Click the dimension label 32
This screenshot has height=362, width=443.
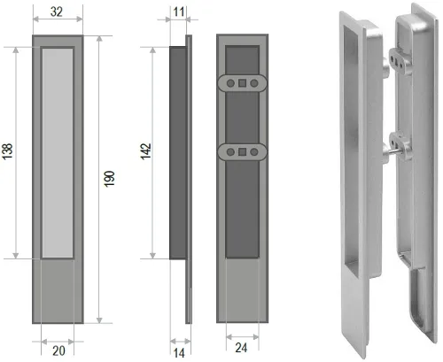(x=57, y=12)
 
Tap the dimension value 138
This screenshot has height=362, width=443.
(x=7, y=151)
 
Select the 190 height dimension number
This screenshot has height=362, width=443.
(x=109, y=179)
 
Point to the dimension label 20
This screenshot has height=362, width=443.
(x=58, y=350)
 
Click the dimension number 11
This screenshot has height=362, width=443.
(x=179, y=12)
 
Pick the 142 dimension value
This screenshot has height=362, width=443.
(x=145, y=151)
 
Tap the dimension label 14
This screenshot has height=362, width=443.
(x=179, y=353)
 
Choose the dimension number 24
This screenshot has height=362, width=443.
(x=241, y=348)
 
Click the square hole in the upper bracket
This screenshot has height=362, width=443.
(x=242, y=83)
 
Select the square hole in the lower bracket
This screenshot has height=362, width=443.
(x=242, y=152)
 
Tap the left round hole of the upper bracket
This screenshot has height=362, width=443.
(x=230, y=83)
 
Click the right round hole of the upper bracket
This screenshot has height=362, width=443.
(x=254, y=83)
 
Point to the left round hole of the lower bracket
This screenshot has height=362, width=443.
(x=230, y=152)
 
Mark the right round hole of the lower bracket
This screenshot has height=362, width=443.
(x=254, y=152)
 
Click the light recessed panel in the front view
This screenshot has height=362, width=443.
(x=58, y=153)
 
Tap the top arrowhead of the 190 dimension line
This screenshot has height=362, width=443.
(x=99, y=39)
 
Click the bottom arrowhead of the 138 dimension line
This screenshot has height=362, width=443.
(x=16, y=256)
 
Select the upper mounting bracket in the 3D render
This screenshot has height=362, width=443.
(x=400, y=60)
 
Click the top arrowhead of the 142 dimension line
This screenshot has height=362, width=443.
(x=152, y=50)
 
